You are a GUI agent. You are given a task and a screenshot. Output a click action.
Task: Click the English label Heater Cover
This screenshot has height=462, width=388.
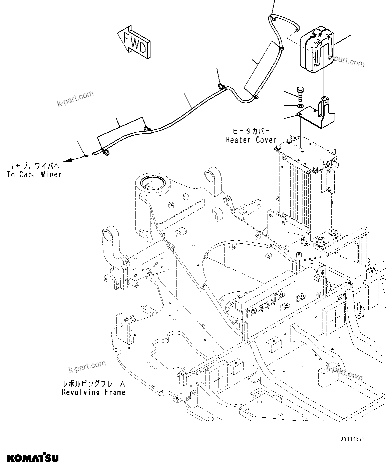[251, 140]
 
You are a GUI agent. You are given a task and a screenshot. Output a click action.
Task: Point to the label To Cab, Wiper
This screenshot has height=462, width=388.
[34, 174]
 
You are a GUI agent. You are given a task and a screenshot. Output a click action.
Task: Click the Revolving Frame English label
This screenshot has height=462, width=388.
[93, 392]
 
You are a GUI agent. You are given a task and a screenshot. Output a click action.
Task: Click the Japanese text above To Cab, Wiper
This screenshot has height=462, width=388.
[34, 166]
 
